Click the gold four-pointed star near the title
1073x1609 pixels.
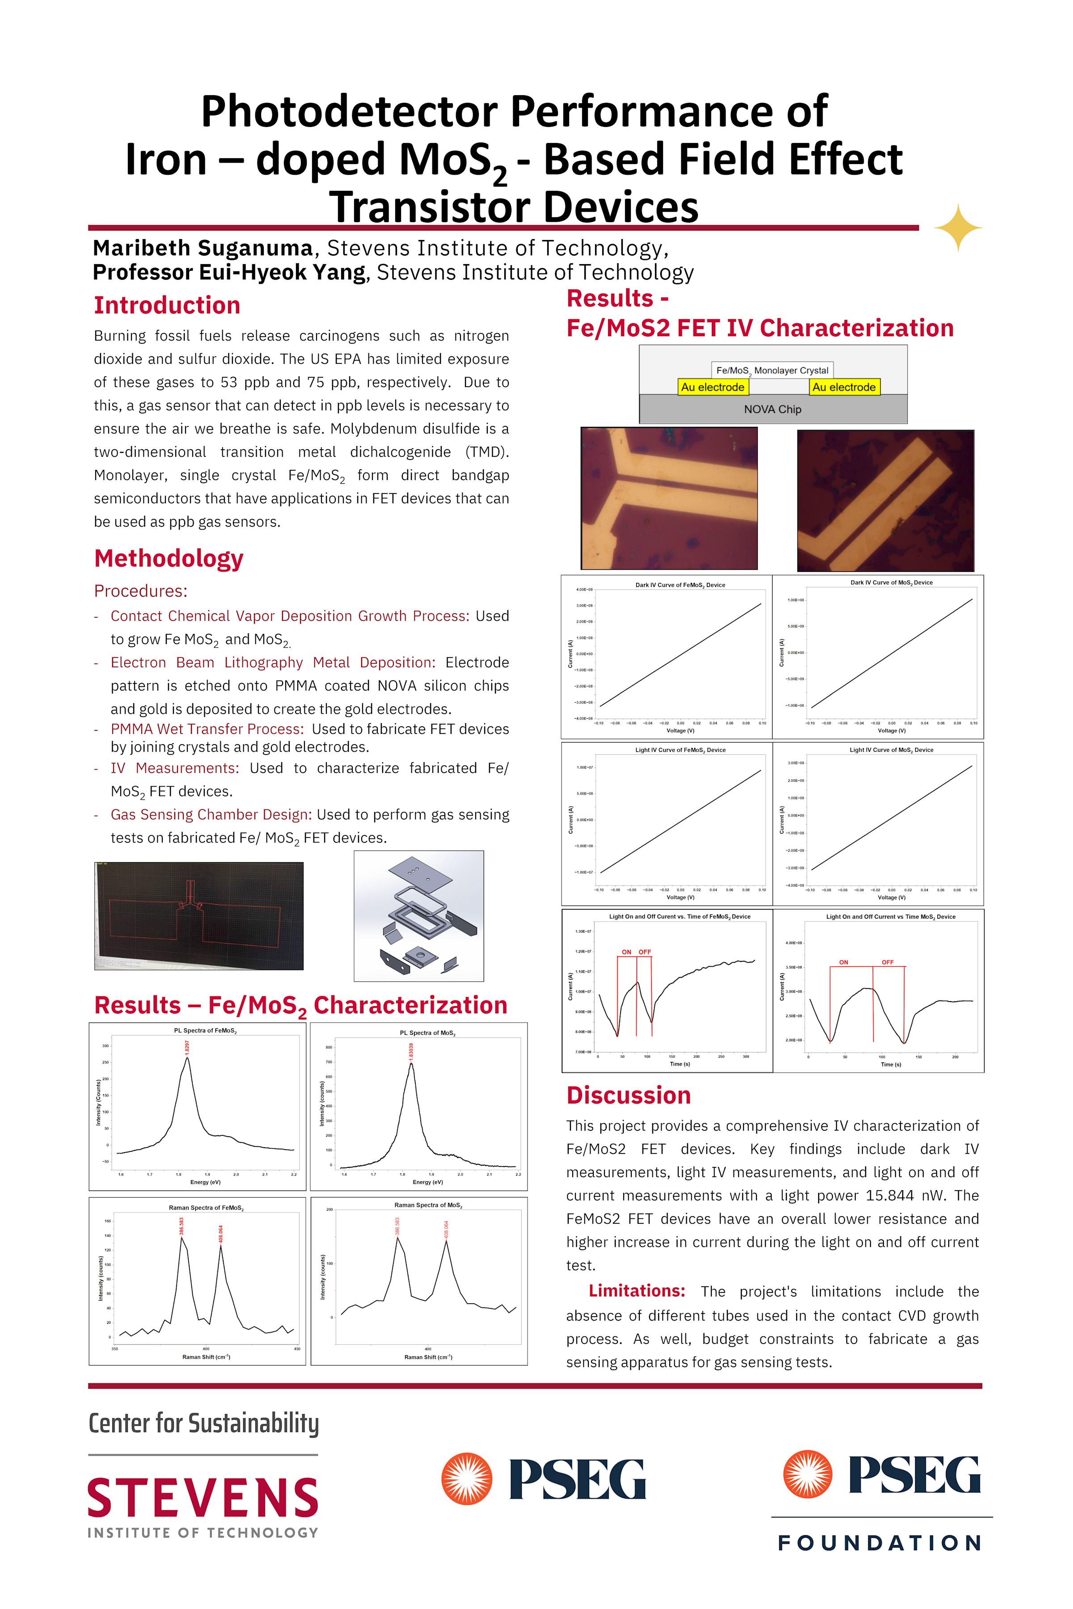958,228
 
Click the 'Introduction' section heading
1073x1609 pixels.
167,305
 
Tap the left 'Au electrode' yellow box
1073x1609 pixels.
712,387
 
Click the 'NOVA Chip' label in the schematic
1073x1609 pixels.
773,409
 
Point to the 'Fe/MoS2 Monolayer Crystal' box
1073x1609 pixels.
772,370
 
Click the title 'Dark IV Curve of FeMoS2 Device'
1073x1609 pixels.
680,585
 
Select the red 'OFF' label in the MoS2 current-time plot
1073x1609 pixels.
887,962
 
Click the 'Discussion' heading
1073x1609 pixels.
628,1095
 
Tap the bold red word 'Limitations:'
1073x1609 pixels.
636,1291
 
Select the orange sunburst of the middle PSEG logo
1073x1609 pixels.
467,1478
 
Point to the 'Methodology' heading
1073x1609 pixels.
169,558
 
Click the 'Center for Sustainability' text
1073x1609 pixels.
203,1423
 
